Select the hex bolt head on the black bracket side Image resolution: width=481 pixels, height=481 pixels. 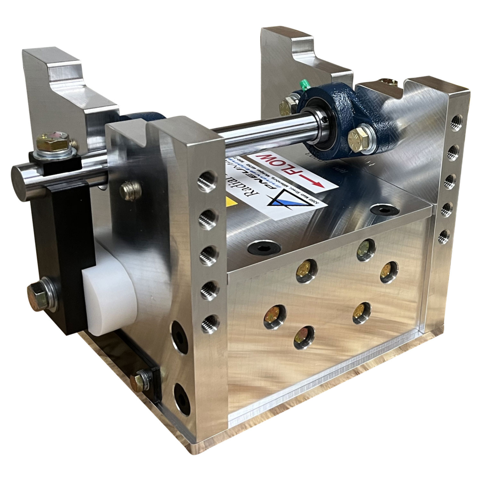38,295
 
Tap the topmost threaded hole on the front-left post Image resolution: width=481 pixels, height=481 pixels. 206,181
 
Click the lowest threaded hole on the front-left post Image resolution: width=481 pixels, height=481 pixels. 210,324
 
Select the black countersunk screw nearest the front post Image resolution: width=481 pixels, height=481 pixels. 264,248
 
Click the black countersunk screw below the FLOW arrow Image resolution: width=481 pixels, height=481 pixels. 385,210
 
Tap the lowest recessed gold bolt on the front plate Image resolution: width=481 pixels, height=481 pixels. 304,337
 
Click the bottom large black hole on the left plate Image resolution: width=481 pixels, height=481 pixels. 182,398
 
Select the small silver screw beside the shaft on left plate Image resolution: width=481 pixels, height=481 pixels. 130,190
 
